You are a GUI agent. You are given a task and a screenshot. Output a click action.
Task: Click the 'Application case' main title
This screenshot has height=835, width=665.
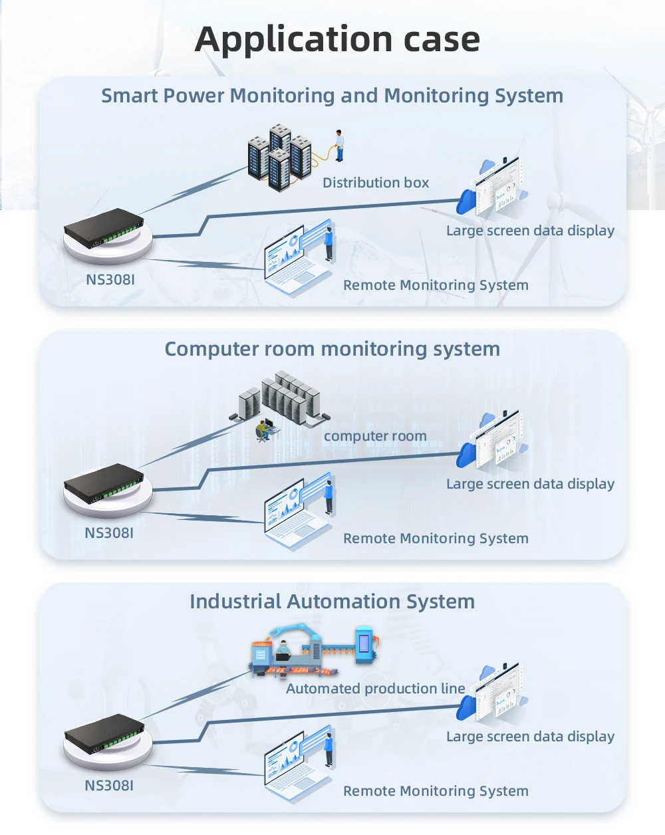[x=337, y=39]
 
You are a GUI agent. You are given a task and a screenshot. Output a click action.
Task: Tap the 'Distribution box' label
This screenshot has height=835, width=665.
[x=376, y=183]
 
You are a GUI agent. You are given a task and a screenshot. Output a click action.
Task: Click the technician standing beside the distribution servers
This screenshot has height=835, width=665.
[x=339, y=146]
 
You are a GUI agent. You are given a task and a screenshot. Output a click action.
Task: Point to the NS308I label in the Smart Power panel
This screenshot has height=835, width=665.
[x=110, y=280]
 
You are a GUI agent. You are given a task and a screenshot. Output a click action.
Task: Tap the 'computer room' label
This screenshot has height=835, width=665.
[x=375, y=436]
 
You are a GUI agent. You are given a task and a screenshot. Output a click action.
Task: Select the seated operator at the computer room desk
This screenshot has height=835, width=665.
[x=265, y=429]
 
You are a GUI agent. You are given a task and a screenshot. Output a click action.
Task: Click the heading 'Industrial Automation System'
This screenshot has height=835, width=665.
[x=332, y=602]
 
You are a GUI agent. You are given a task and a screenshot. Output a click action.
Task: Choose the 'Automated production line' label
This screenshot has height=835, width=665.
[x=376, y=689]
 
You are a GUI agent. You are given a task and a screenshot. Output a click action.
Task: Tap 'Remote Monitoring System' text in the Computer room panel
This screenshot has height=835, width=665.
[x=436, y=538]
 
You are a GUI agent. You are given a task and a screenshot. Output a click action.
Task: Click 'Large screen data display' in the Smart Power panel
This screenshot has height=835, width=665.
[x=530, y=231]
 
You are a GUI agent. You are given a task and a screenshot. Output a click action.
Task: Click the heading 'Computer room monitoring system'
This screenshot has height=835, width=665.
[x=332, y=349]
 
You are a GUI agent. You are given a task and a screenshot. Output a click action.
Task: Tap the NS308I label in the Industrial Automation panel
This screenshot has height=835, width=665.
[x=109, y=786]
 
